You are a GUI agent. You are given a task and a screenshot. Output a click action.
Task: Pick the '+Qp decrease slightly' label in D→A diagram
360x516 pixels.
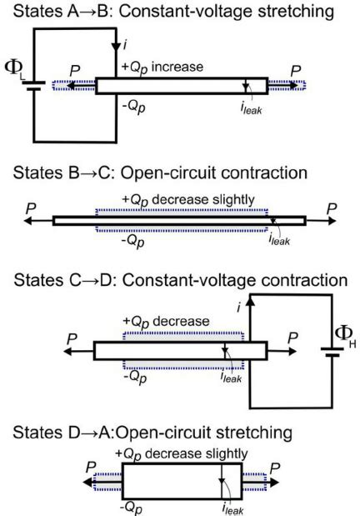point(185,453)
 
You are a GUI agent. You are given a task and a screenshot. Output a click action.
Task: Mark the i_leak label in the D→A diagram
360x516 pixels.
point(227,505)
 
